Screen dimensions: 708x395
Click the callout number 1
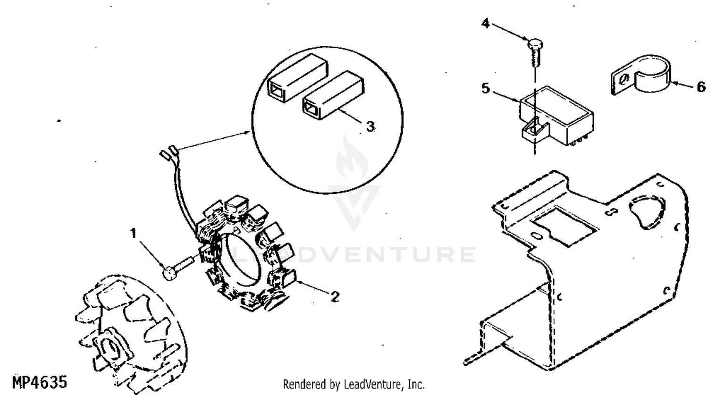pos(134,234)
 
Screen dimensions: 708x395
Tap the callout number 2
pos(335,297)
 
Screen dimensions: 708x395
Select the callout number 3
pos(371,126)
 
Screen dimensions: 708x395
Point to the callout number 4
pos(485,24)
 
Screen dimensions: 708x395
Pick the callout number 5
pos(486,88)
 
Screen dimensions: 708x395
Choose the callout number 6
pos(701,86)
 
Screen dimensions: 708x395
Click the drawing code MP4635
pos(40,382)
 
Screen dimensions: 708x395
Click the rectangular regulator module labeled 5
pos(556,115)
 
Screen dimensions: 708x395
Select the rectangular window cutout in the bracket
pos(564,226)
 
